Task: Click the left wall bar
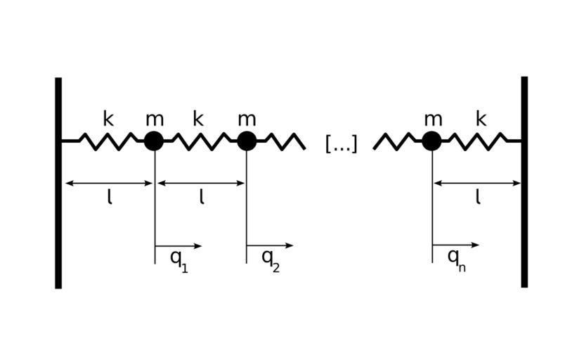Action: point(58,183)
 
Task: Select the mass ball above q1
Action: point(154,141)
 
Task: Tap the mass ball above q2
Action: point(246,141)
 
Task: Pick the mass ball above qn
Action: point(431,141)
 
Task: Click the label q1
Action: point(179,259)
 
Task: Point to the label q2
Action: point(271,259)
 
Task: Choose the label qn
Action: point(457,259)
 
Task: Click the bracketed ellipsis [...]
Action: point(342,144)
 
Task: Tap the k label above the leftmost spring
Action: point(108,119)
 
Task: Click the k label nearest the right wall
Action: point(481,119)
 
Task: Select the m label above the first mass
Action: point(154,120)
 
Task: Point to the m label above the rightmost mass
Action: point(432,120)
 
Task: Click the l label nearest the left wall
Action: point(110,198)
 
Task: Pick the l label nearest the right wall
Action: point(478,198)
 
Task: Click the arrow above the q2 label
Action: point(270,245)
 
